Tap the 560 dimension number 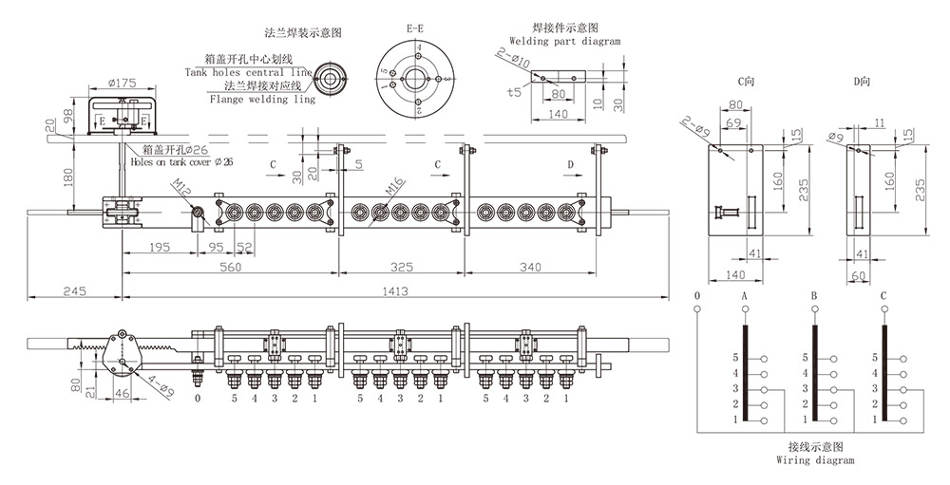coord(230,269)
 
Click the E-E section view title coord(415,29)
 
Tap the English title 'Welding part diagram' coord(565,42)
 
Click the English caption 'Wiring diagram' coord(815,460)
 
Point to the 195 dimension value coord(159,249)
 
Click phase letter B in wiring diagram coord(814,297)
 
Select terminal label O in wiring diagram coord(697,297)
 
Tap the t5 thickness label coord(514,93)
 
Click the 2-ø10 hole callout coord(511,59)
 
